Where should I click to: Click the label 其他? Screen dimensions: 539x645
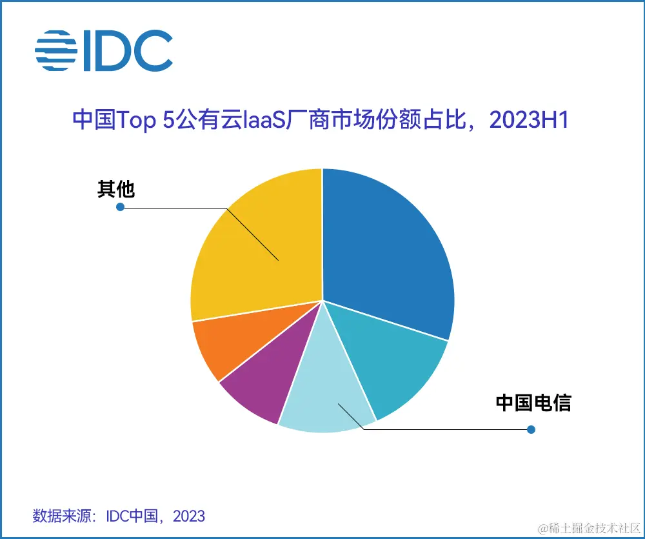[x=115, y=189]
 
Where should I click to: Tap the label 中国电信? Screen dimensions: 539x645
[x=533, y=403]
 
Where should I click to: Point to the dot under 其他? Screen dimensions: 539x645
[x=119, y=207]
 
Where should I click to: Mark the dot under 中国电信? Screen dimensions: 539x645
[x=531, y=429]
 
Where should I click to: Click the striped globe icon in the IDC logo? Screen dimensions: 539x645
[x=56, y=50]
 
